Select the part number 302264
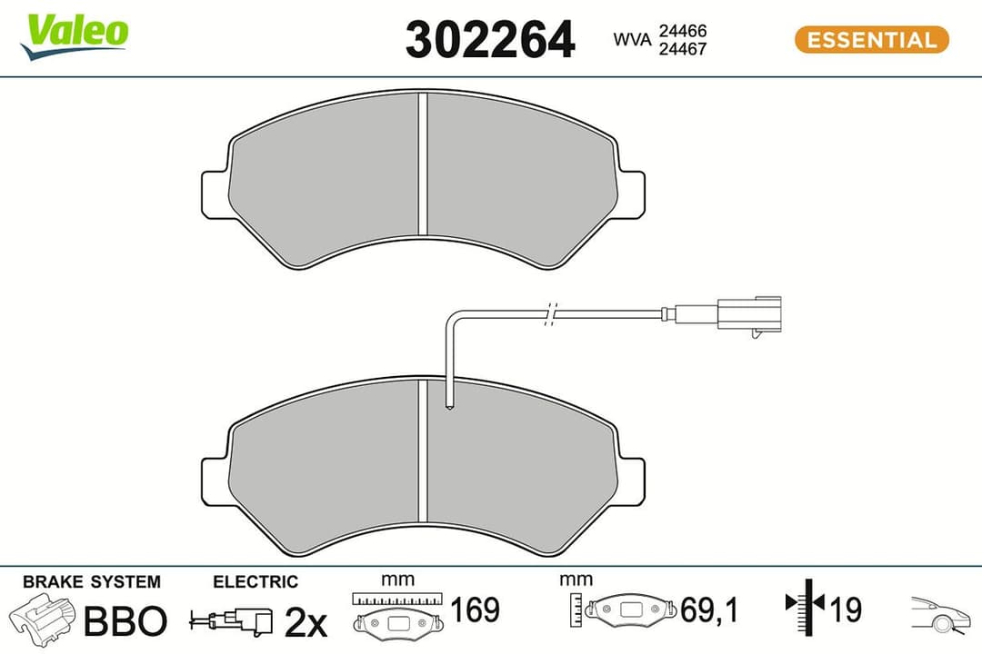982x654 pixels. click(489, 40)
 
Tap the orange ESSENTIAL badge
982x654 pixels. click(871, 40)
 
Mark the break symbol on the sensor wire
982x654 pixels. click(548, 313)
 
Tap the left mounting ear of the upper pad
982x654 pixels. click(214, 193)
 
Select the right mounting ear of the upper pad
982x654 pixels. click(631, 193)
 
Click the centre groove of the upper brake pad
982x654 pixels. click(422, 163)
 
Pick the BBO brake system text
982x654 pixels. click(125, 621)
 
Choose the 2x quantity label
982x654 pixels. click(305, 622)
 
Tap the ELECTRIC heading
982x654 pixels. click(255, 582)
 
